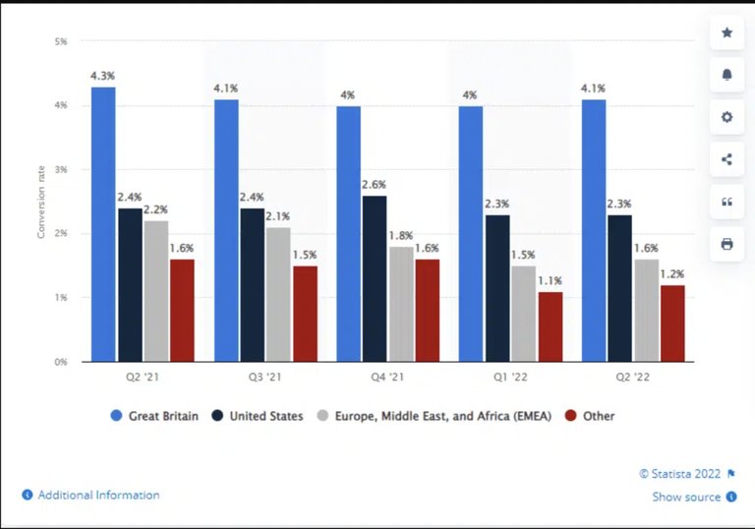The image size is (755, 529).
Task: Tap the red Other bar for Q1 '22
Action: click(x=550, y=326)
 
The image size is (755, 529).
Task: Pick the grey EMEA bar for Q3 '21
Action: click(x=278, y=294)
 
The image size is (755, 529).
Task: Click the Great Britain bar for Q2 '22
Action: click(x=594, y=230)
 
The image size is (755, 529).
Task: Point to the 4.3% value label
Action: click(x=103, y=76)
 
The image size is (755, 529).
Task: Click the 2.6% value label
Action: click(x=374, y=184)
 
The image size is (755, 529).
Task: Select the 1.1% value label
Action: click(x=550, y=280)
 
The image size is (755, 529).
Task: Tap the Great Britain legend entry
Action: click(x=154, y=416)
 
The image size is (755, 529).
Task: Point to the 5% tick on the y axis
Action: click(x=61, y=41)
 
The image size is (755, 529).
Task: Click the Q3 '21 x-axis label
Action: click(x=264, y=377)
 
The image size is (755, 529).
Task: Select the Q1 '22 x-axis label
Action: click(x=509, y=377)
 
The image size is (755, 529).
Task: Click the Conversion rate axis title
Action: click(x=41, y=202)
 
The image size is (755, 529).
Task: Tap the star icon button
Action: click(x=727, y=32)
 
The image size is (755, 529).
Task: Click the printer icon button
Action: click(x=727, y=244)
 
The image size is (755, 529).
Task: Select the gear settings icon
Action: click(x=727, y=117)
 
